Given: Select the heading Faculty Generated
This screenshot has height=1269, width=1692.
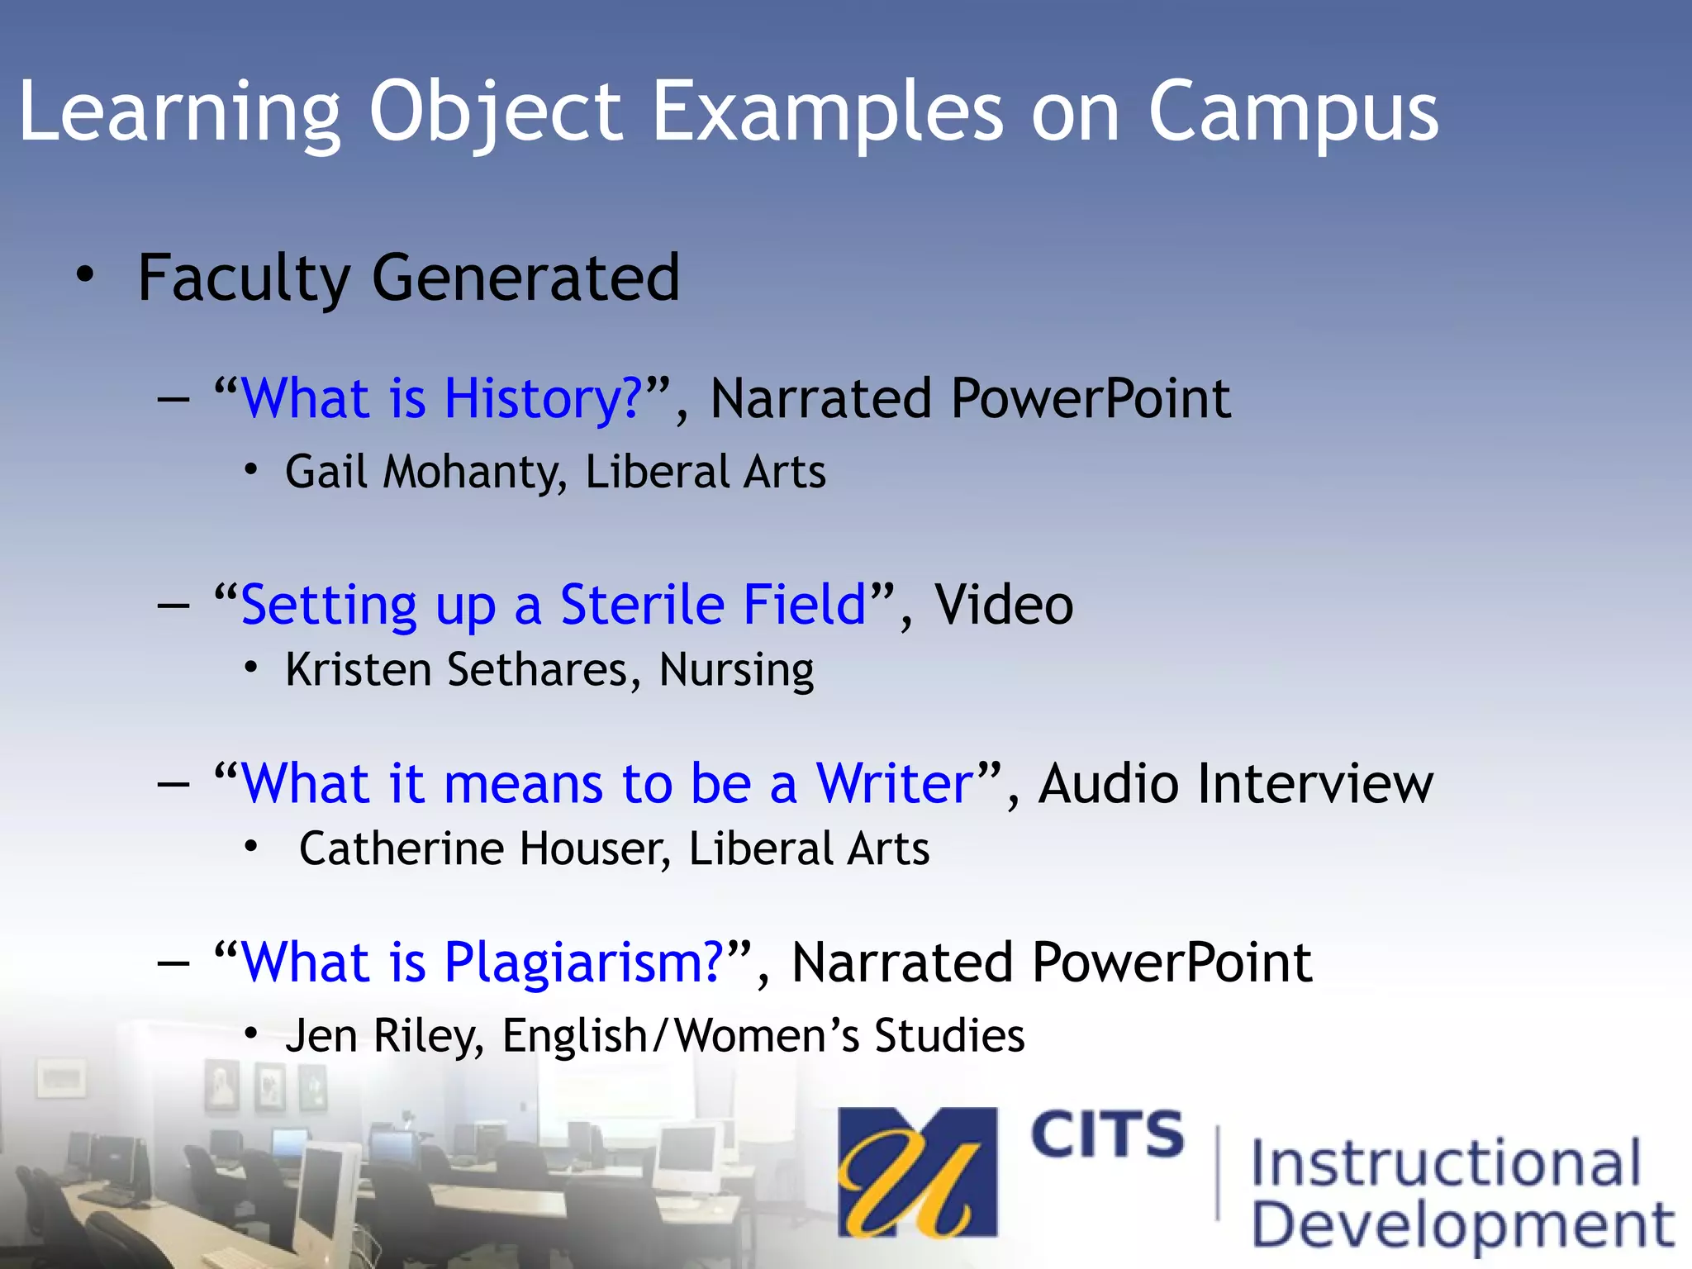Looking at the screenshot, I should click(408, 278).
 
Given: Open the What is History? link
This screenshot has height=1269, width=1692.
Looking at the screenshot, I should click(441, 399).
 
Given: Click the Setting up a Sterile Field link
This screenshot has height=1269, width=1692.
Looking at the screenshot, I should click(553, 605).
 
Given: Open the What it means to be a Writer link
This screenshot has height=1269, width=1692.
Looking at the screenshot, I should click(606, 783).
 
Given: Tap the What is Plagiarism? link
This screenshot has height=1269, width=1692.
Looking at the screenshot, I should click(482, 962).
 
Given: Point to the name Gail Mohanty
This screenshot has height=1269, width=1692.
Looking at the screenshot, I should click(425, 473).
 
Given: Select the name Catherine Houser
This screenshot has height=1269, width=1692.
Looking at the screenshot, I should click(483, 849).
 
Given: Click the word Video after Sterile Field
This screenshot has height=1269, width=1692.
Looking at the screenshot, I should click(1003, 605).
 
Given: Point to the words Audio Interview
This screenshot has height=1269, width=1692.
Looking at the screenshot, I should click(1235, 783).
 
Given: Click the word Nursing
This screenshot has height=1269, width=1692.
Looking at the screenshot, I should click(735, 670).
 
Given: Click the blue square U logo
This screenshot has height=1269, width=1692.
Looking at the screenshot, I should click(916, 1172).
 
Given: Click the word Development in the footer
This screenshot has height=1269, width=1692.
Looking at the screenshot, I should click(1462, 1225).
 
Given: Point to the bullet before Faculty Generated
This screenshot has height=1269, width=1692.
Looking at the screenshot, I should click(85, 276).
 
